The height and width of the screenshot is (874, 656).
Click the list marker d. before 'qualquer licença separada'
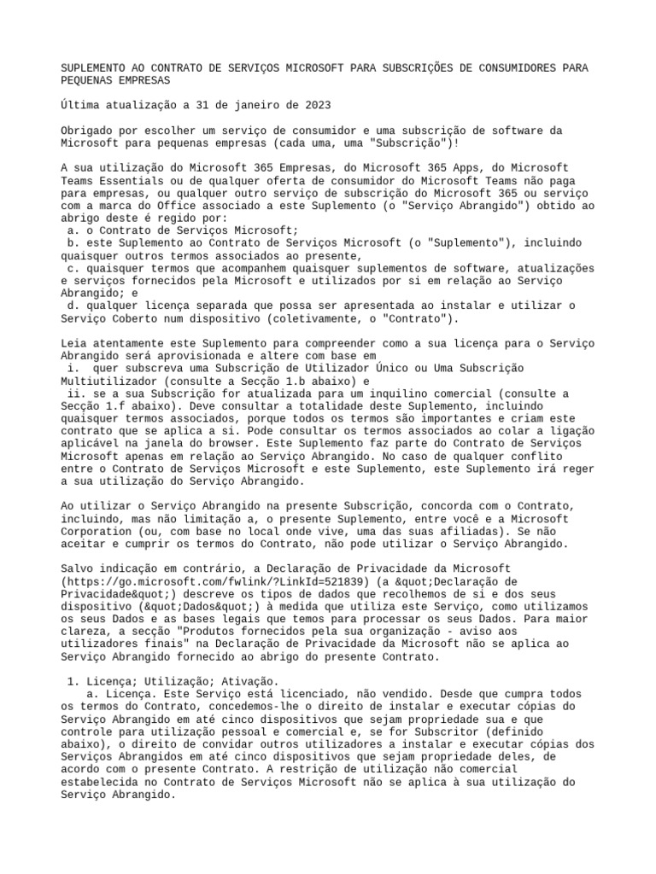click(73, 306)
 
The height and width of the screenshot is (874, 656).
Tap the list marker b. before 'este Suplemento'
click(73, 242)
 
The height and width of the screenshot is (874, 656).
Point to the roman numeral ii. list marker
click(76, 393)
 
